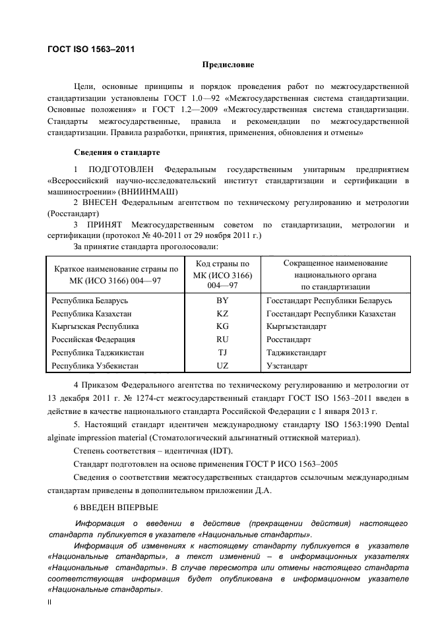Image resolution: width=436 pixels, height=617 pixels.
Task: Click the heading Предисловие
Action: click(228, 65)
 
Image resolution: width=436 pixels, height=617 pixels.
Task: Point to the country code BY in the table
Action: click(222, 300)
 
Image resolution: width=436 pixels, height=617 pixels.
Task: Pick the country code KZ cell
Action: click(222, 313)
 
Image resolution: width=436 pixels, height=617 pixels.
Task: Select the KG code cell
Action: click(222, 326)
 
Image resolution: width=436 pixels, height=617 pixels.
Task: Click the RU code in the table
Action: click(222, 339)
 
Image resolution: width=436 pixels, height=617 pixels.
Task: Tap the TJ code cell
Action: click(222, 353)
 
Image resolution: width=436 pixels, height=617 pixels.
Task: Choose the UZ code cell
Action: click(222, 365)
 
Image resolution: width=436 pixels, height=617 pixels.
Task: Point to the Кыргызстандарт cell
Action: click(296, 326)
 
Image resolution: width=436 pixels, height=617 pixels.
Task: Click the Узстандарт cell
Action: click(287, 365)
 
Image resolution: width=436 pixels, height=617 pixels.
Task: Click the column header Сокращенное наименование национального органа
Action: click(335, 275)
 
